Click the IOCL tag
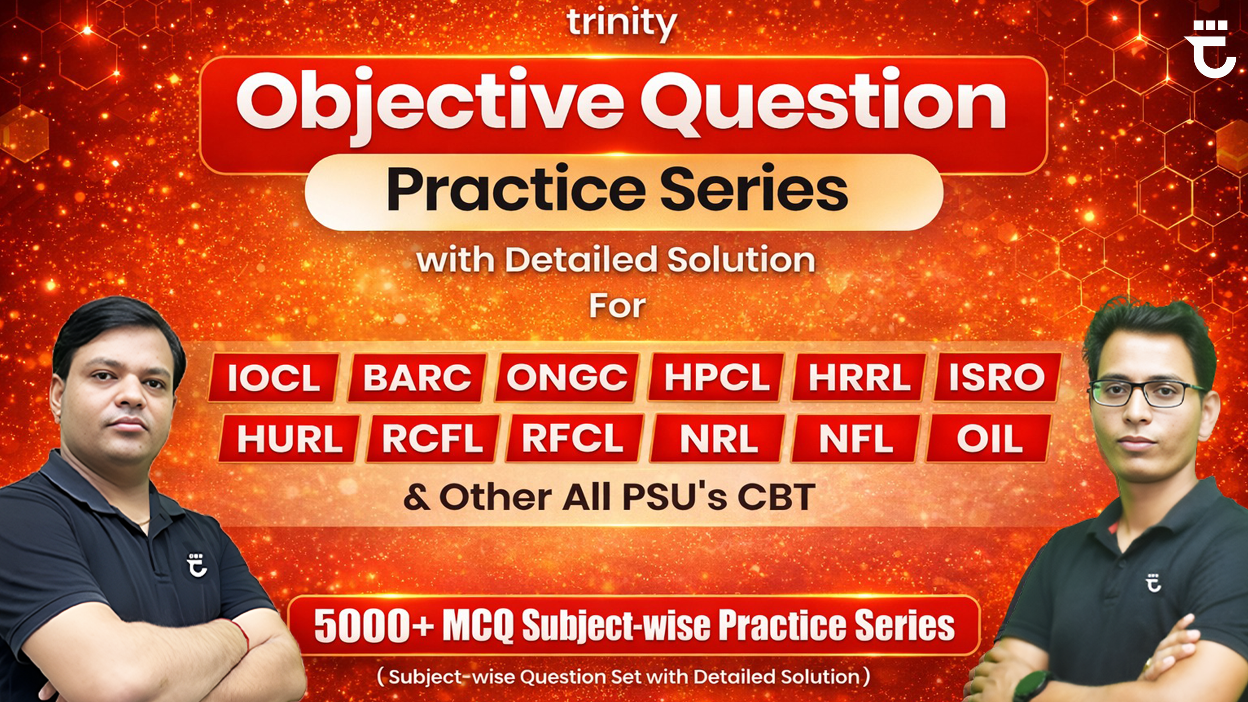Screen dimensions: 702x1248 click(x=273, y=378)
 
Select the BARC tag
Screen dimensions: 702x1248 click(x=417, y=378)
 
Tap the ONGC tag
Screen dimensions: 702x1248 click(x=566, y=378)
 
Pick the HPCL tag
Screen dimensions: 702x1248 click(x=716, y=378)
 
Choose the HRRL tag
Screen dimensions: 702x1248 click(x=859, y=378)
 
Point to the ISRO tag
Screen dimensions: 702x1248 click(x=997, y=378)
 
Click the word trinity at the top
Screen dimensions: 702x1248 click(x=622, y=23)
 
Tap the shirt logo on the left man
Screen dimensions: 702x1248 click(x=197, y=565)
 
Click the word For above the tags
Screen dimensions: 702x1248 click(x=618, y=307)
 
